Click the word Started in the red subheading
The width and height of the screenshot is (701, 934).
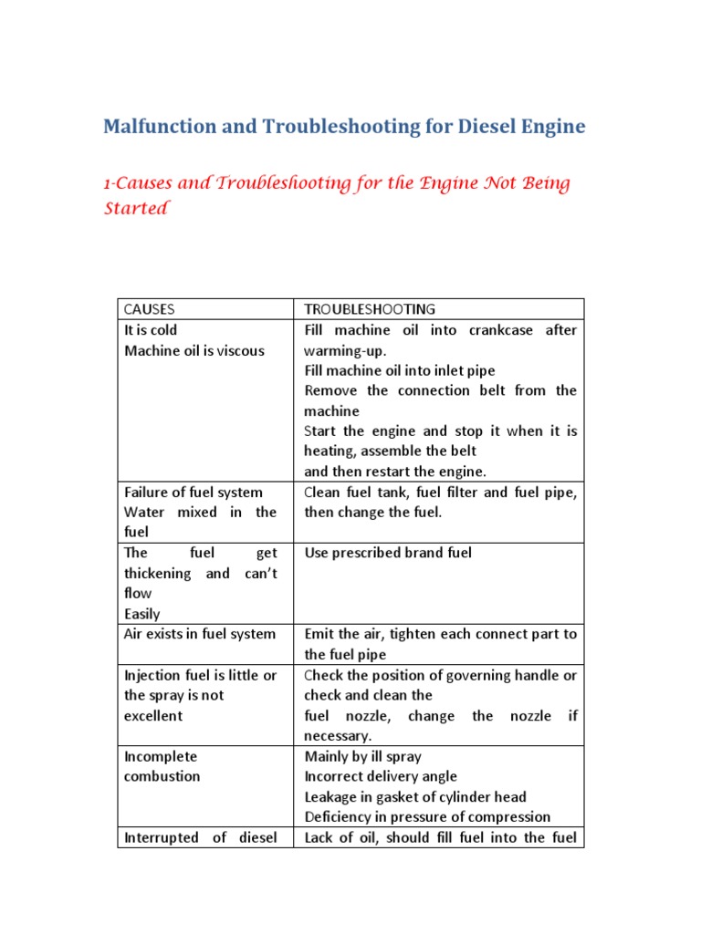point(137,208)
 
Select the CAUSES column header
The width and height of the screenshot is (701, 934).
point(149,309)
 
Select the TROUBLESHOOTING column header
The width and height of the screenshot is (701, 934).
point(370,309)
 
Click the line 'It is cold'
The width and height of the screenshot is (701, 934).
point(151,330)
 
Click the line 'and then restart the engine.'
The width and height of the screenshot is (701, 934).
point(395,472)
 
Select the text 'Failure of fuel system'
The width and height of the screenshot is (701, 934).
point(193,493)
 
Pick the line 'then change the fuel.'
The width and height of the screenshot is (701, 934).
point(372,513)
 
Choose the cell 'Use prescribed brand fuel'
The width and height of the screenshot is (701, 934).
point(388,553)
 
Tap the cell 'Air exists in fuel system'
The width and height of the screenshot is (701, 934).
point(199,634)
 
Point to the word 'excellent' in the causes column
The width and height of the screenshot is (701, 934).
point(152,715)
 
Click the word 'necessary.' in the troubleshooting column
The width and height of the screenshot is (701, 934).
point(339,735)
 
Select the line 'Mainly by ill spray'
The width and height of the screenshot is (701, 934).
point(362,756)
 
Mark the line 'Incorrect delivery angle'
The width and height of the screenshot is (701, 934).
point(379,776)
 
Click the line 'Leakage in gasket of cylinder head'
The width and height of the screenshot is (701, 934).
point(414,796)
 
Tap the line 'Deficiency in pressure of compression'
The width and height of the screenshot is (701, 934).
point(427,816)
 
